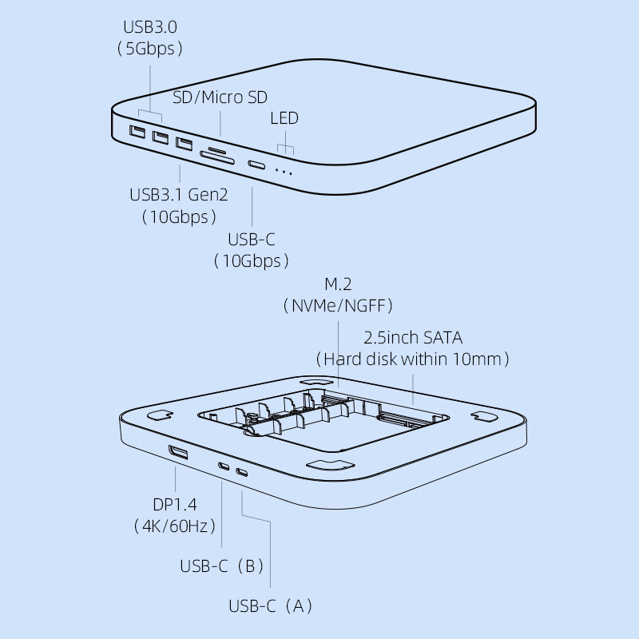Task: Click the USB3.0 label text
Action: [149, 27]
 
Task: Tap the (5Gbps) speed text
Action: [150, 48]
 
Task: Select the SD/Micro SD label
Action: [220, 97]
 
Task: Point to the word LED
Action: [284, 118]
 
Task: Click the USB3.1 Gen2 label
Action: [178, 195]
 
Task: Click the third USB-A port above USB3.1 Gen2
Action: [185, 145]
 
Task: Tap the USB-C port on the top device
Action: [257, 165]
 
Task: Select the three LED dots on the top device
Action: [284, 171]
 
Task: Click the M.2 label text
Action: [337, 284]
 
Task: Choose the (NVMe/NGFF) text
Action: [338, 305]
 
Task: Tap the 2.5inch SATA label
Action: [413, 337]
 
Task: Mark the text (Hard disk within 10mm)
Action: [413, 359]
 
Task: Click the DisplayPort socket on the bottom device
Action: [178, 454]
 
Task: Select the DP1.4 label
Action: [174, 504]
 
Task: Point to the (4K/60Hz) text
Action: [174, 526]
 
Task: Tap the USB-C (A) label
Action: [270, 605]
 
